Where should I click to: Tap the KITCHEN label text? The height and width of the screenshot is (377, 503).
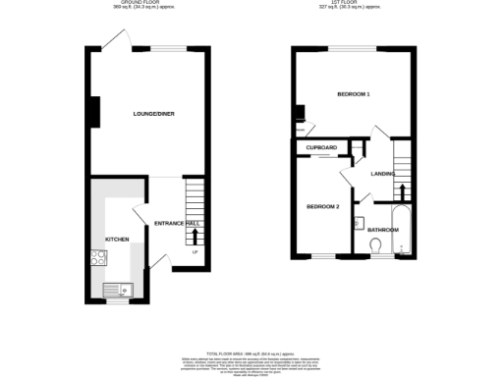point(117,239)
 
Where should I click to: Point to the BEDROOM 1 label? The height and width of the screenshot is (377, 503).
point(353,94)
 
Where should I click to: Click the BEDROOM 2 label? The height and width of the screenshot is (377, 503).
point(322,206)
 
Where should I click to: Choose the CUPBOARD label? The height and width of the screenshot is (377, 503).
point(321,147)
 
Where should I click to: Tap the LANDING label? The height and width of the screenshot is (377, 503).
point(383,174)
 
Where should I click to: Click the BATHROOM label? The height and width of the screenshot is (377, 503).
point(383,230)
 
